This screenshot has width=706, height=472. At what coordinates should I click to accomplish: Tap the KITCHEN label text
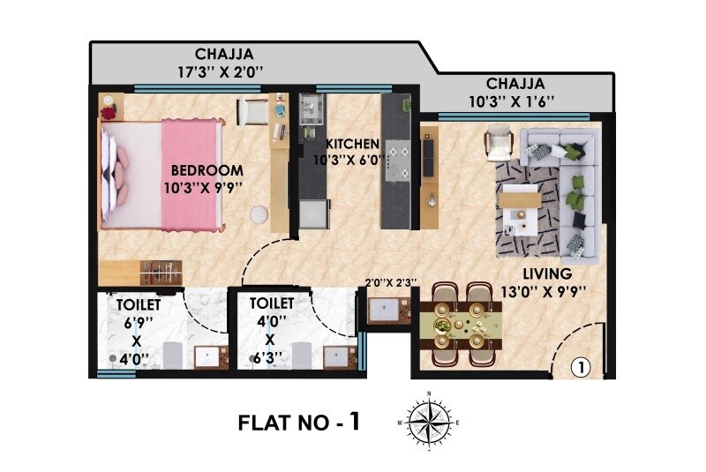click(352, 144)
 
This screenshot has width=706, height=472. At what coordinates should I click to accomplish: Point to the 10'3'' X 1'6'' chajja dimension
click(512, 101)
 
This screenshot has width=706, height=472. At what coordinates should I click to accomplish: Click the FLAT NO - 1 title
click(299, 422)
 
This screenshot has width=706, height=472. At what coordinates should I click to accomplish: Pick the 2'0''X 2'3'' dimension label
click(389, 283)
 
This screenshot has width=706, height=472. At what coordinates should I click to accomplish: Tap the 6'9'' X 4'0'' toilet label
click(133, 332)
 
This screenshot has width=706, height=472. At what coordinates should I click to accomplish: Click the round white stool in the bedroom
click(259, 214)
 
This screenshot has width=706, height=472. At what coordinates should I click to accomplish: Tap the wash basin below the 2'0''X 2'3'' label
click(387, 310)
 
